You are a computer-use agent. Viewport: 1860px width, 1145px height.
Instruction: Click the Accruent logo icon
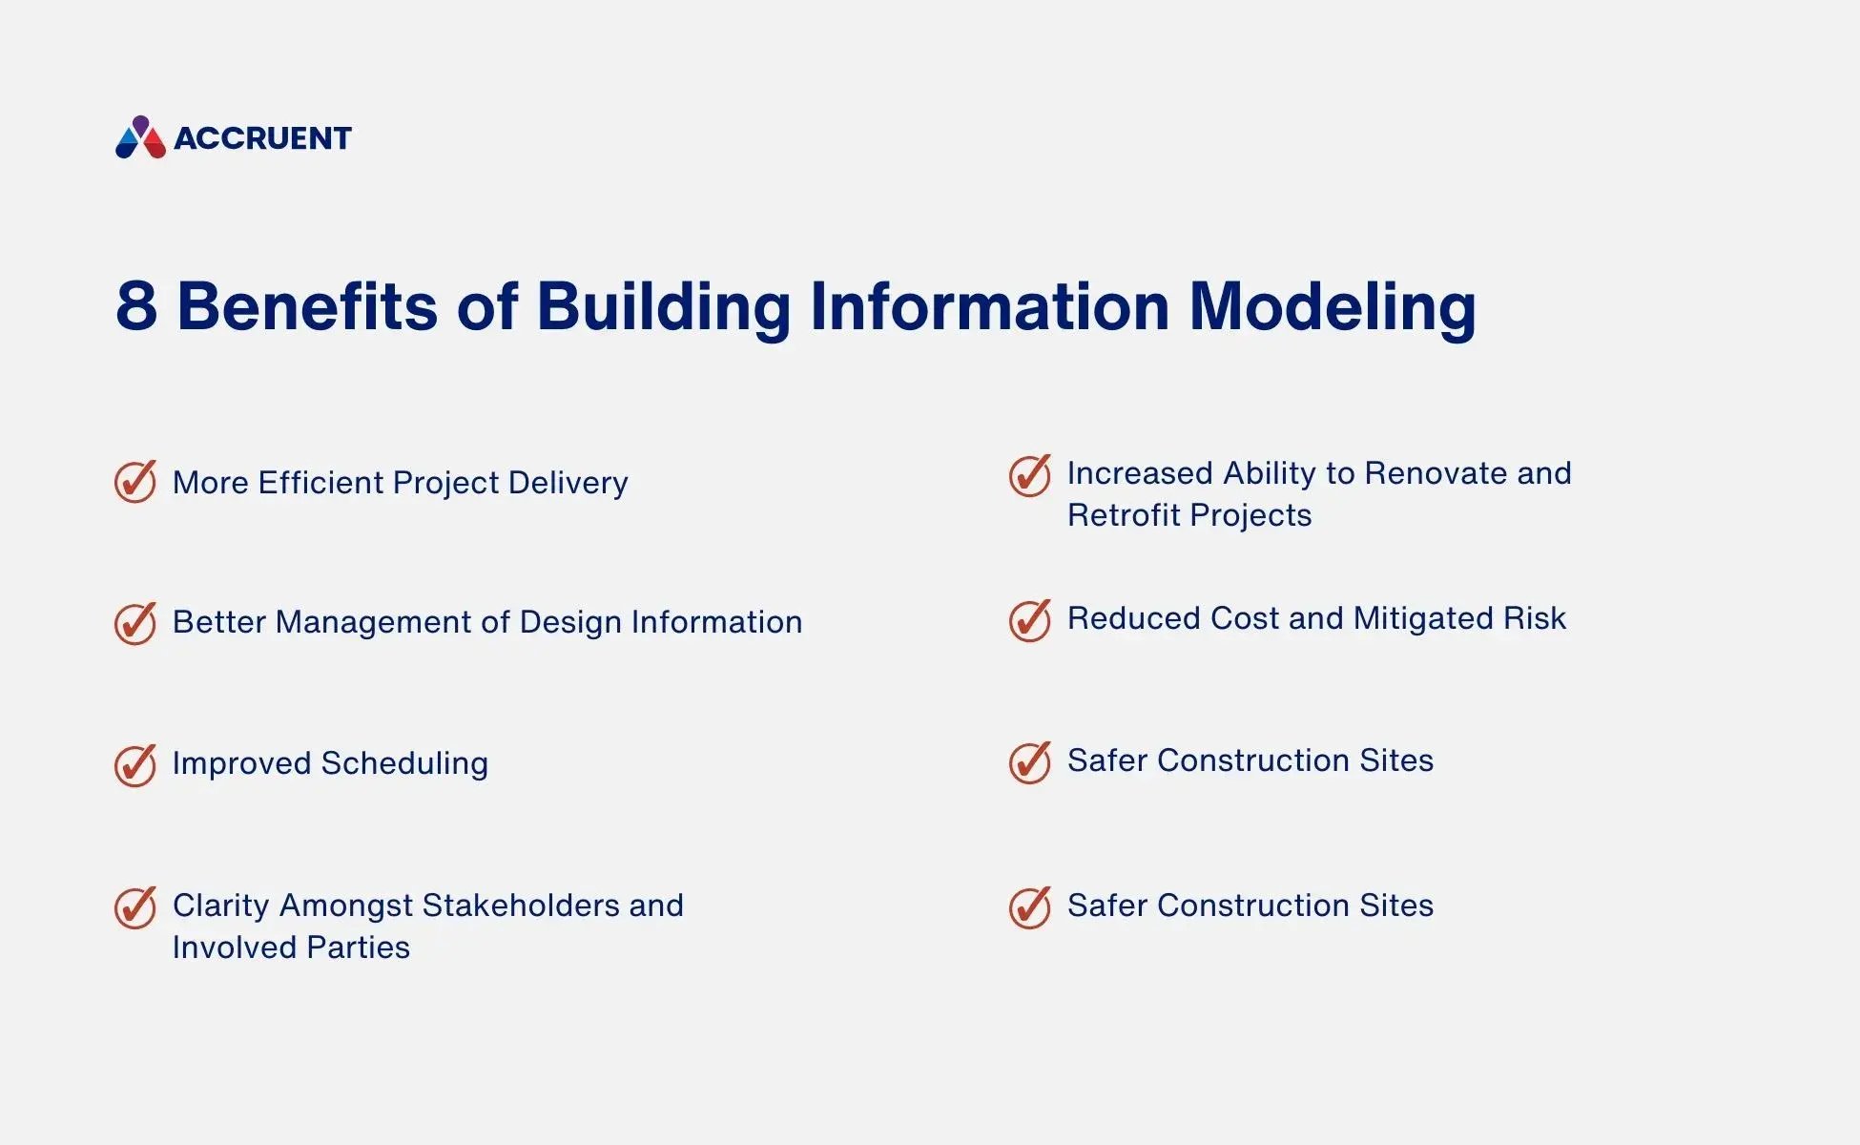[140, 137]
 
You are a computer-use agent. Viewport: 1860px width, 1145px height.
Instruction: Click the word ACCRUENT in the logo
[262, 138]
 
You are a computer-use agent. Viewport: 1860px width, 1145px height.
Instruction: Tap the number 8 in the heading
[136, 306]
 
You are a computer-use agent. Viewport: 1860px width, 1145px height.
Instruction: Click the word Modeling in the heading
[1332, 307]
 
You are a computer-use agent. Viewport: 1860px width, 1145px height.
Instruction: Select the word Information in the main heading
[989, 306]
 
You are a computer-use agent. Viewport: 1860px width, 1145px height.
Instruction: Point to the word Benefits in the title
[306, 306]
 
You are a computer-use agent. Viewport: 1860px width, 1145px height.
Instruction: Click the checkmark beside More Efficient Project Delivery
[135, 482]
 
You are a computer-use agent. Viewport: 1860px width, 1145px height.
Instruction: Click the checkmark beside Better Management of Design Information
[135, 623]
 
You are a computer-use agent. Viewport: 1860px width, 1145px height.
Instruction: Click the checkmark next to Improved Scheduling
[135, 764]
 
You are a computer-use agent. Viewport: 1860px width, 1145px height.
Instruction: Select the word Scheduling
[404, 763]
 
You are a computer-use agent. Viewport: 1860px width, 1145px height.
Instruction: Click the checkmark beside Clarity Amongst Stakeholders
[135, 906]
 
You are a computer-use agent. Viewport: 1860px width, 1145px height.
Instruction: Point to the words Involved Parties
[291, 947]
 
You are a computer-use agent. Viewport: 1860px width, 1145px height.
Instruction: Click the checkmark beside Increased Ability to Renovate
[1030, 475]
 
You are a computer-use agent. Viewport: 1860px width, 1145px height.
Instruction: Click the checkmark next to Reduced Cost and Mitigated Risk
[1030, 620]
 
